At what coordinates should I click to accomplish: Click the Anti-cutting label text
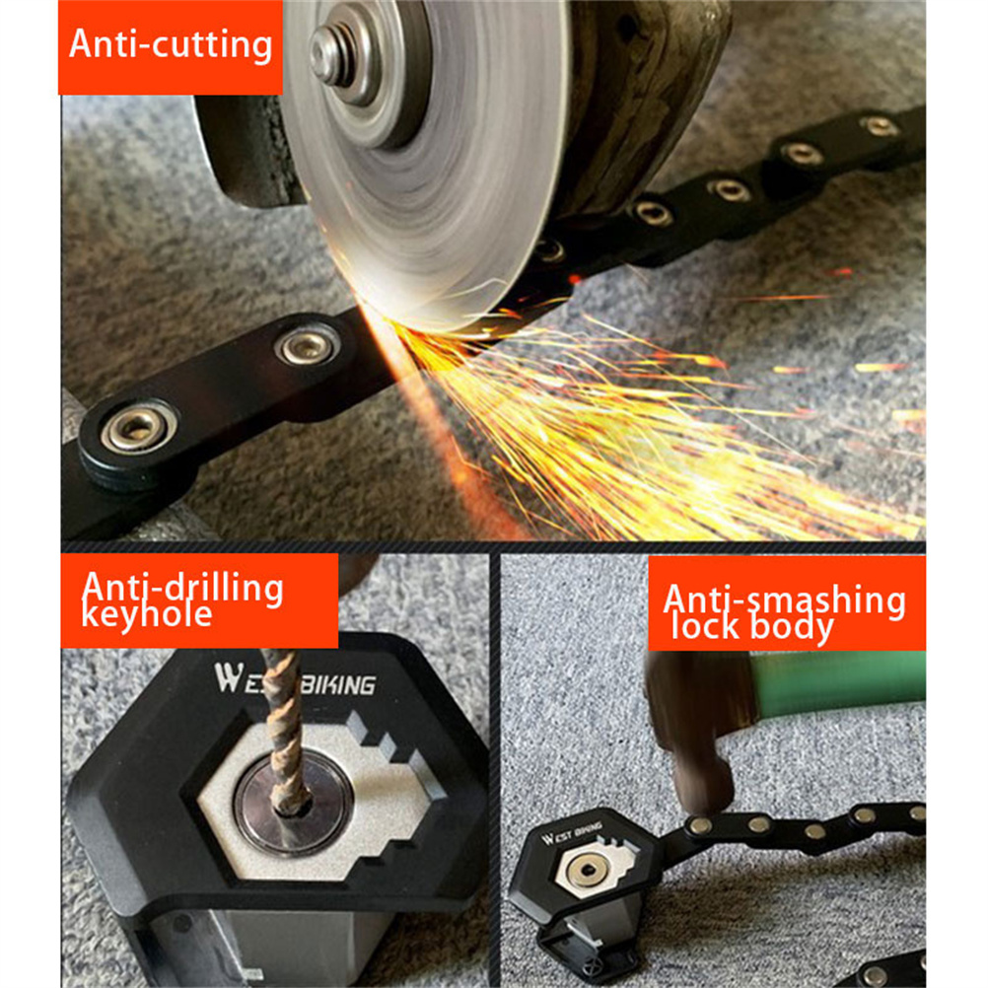(171, 44)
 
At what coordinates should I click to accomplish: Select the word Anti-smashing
(785, 600)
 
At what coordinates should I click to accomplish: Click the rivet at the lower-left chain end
(137, 428)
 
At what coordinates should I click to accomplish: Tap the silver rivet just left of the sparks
(307, 345)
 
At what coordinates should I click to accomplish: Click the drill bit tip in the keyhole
(291, 808)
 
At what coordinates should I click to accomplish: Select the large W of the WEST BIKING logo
(228, 678)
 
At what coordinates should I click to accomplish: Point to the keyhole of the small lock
(587, 871)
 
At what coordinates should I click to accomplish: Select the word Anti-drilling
(182, 588)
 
